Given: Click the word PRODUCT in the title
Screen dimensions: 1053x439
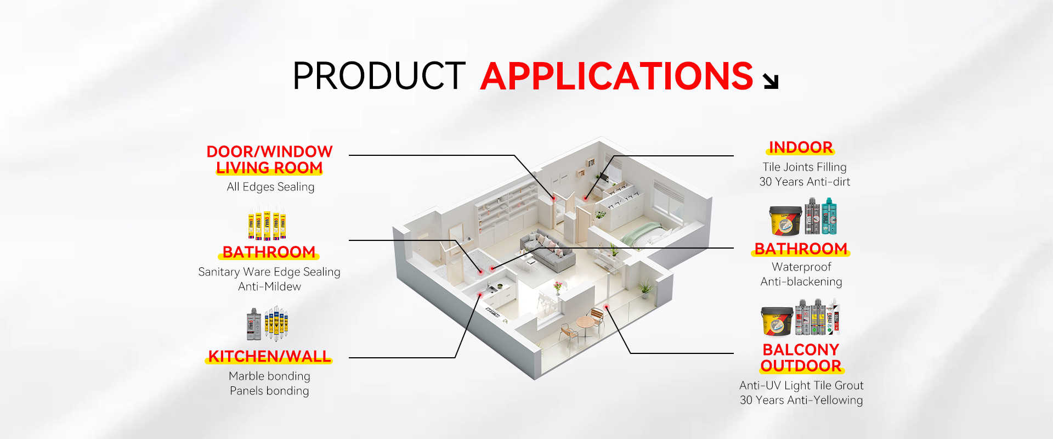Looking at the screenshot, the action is click(x=379, y=76).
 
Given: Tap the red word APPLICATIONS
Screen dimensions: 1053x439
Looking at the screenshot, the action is click(x=617, y=76).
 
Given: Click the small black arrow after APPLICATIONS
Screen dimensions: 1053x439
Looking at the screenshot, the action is click(x=771, y=81).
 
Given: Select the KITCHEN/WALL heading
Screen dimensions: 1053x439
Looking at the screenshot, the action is click(x=269, y=357).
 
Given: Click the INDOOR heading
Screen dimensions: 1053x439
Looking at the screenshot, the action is click(x=801, y=147).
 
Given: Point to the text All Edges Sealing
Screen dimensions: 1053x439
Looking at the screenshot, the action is click(x=270, y=187).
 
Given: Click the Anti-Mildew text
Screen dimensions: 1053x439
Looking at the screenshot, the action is click(x=269, y=286).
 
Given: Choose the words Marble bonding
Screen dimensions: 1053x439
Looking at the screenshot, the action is click(x=269, y=376).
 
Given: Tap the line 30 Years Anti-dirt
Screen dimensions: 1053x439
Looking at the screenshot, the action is click(x=805, y=182).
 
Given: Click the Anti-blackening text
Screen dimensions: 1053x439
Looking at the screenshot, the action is click(x=801, y=282).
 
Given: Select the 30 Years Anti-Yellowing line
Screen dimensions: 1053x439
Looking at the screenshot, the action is click(x=801, y=400).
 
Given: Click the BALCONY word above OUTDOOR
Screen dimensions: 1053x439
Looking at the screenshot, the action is click(x=801, y=350).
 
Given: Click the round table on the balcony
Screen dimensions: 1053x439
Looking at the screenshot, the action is click(x=585, y=322).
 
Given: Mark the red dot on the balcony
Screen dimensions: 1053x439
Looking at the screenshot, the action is click(x=606, y=307).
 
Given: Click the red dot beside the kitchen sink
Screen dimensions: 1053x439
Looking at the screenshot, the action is click(x=480, y=295).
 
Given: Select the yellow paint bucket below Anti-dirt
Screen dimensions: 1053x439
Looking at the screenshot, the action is click(x=784, y=221).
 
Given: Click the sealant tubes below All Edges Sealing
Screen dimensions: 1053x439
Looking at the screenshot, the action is click(x=267, y=223).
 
